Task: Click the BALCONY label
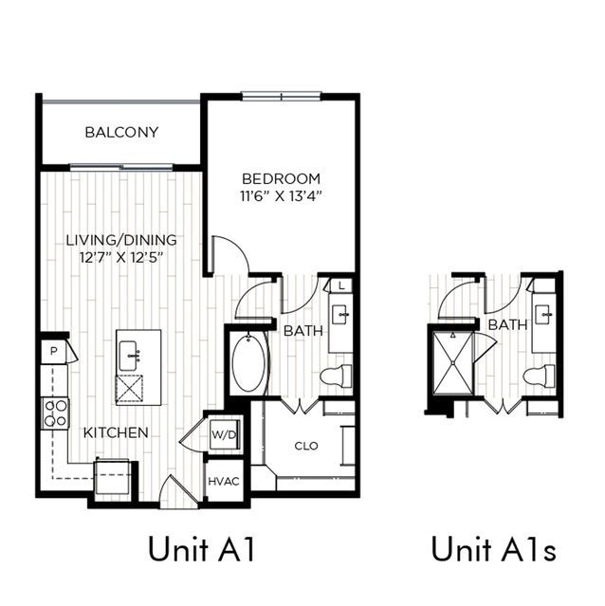click(121, 133)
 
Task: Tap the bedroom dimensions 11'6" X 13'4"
click(281, 196)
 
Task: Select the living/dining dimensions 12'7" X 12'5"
click(121, 257)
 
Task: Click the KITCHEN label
click(116, 432)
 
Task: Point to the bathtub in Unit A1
click(249, 363)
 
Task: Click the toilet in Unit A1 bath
click(336, 376)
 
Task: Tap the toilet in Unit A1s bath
click(540, 376)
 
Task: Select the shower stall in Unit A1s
click(452, 363)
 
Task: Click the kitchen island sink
click(129, 356)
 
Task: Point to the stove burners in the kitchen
click(55, 413)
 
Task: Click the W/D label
click(224, 435)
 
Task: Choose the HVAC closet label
click(224, 482)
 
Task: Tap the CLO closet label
click(306, 446)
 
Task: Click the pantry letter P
click(54, 351)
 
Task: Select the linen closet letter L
click(341, 286)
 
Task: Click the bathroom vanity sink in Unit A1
click(340, 315)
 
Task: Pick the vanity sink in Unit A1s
click(543, 315)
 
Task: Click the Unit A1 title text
click(202, 549)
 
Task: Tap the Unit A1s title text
click(494, 549)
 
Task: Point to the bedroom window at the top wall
click(282, 96)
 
